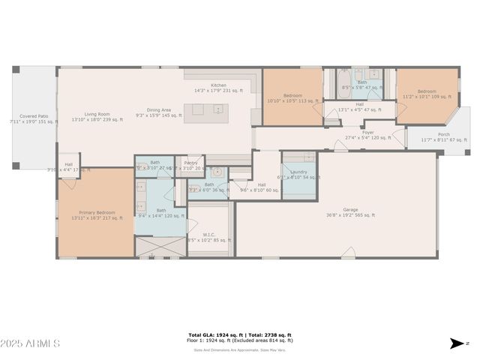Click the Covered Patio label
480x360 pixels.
(x=33, y=116)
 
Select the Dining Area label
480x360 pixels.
(x=157, y=110)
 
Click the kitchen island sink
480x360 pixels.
(x=218, y=109)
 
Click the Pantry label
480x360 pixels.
(x=190, y=162)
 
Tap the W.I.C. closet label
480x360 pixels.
(x=208, y=234)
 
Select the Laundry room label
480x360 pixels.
(x=289, y=172)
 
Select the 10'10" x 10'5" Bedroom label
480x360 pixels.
(x=292, y=95)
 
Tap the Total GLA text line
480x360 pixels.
(x=240, y=335)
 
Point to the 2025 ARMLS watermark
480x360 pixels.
(x=31, y=343)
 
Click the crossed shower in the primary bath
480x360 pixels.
(x=160, y=247)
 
